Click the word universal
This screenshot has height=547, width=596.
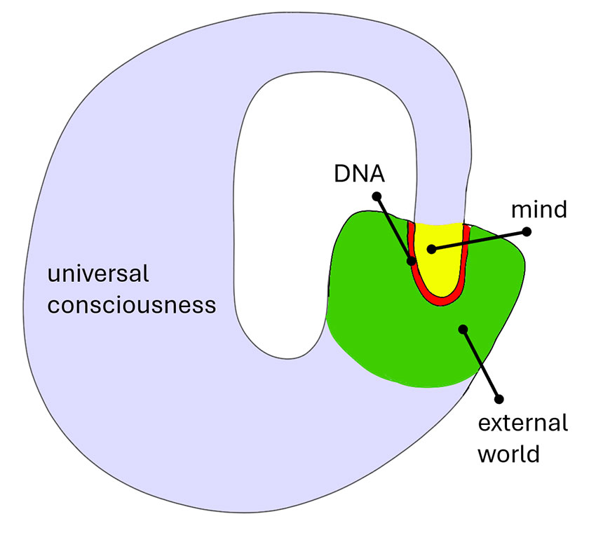click(x=97, y=273)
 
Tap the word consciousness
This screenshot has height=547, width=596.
click(x=131, y=306)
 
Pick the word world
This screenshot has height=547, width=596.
click(x=508, y=454)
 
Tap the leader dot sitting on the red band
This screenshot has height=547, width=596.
click(x=412, y=262)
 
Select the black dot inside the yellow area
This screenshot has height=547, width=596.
click(x=432, y=248)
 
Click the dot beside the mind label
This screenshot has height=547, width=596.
click(x=527, y=231)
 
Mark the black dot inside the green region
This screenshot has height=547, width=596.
click(x=461, y=328)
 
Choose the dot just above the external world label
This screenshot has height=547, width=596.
click(x=499, y=398)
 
